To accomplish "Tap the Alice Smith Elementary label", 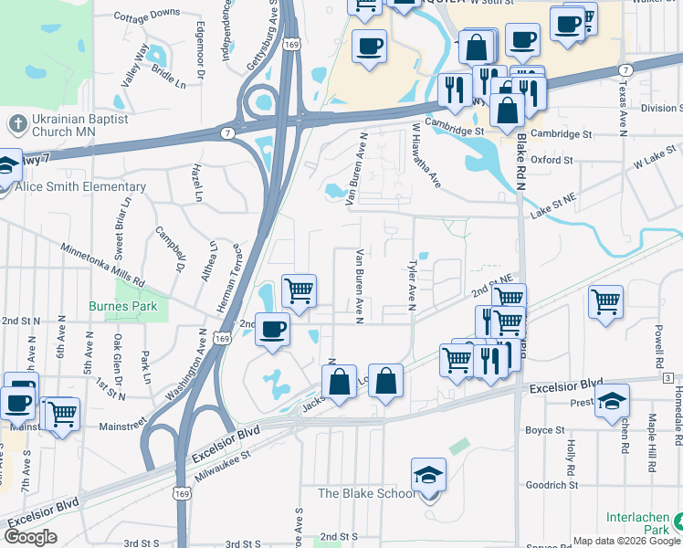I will tap(80, 187).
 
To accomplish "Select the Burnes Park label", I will tap(123, 306).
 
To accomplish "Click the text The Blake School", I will tap(364, 494).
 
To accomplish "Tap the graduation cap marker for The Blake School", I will tap(428, 477).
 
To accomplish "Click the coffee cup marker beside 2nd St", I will tap(272, 330).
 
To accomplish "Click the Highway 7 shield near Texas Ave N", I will tap(625, 69).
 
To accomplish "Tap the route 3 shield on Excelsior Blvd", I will tap(667, 378).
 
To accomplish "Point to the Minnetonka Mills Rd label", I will tap(102, 264).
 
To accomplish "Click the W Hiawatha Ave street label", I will tap(426, 156).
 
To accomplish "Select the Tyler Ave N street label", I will tap(412, 284).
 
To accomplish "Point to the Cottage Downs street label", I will tap(147, 14).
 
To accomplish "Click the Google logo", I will tap(30, 536).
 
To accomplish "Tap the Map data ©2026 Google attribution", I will tap(626, 541).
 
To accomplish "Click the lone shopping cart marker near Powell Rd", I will tap(605, 302).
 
